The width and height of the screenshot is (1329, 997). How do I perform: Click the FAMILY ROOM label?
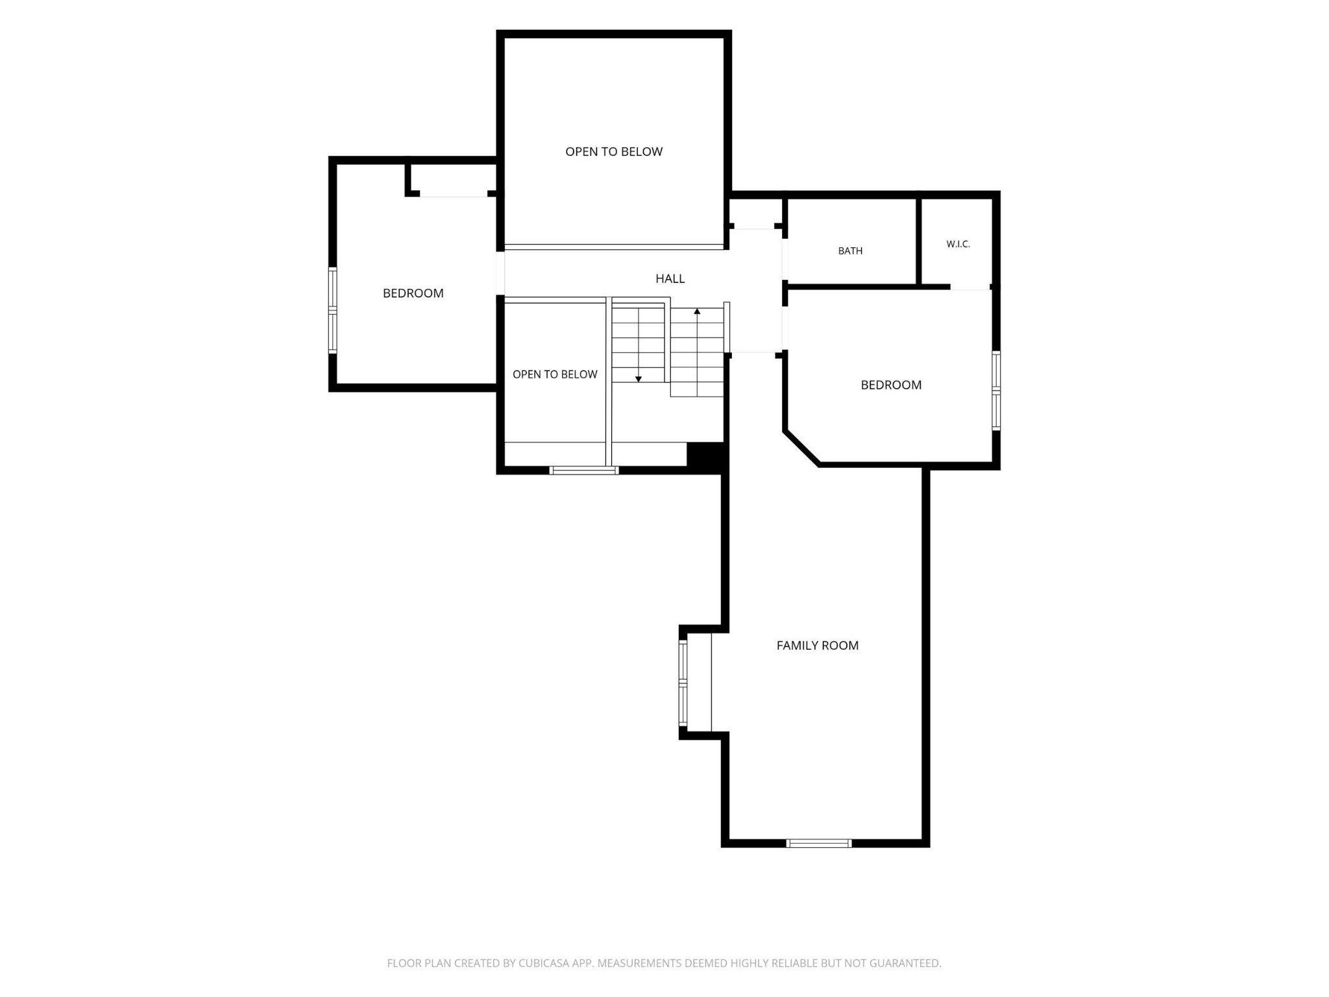[817, 645]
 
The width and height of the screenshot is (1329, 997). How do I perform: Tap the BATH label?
[850, 251]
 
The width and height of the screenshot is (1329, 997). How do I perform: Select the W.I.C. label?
[958, 244]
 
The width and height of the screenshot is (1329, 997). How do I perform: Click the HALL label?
[670, 278]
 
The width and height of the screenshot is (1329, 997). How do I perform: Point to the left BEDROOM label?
[413, 293]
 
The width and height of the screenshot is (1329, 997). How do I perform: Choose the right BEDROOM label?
[891, 385]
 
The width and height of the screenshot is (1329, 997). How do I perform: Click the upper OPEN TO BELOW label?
[614, 152]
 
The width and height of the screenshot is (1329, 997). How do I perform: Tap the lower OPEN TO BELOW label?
[555, 375]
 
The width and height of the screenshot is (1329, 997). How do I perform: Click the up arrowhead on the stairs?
[697, 312]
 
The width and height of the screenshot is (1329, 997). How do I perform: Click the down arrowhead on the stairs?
[639, 379]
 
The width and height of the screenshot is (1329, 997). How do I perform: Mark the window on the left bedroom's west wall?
[333, 310]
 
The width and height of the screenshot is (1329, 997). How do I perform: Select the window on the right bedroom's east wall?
[996, 391]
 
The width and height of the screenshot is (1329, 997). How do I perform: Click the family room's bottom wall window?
[818, 843]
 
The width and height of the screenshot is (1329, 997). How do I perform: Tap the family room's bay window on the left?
[683, 683]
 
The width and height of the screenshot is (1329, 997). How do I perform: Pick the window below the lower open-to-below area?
[584, 471]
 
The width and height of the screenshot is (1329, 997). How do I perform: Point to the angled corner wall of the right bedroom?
[801, 448]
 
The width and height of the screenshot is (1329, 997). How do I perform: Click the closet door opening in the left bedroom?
[454, 194]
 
